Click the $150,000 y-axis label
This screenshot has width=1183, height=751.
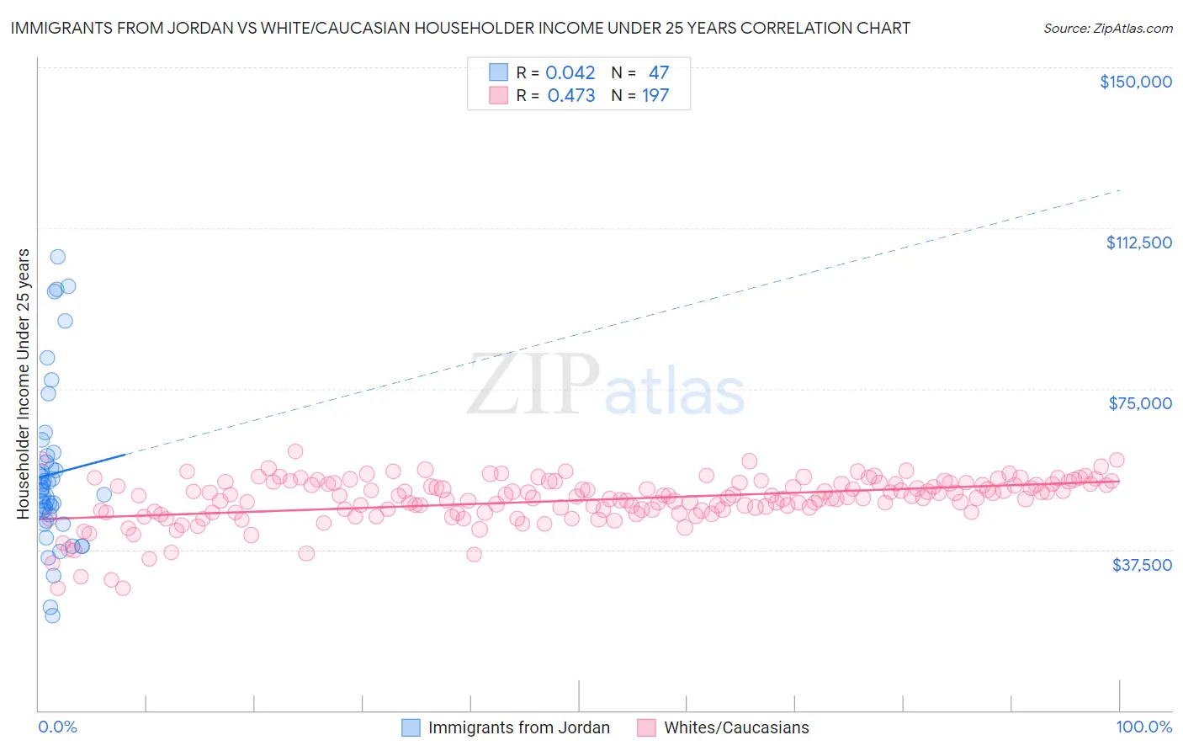click(1135, 82)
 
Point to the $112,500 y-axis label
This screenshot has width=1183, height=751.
click(1138, 242)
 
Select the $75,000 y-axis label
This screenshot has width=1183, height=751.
click(1140, 403)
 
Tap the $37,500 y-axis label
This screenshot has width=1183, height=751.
click(1142, 565)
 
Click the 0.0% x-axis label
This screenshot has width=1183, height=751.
click(57, 727)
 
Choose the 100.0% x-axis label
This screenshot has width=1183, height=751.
click(1143, 727)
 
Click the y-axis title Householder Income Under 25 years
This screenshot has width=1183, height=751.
click(24, 383)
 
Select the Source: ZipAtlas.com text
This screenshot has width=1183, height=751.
click(1107, 28)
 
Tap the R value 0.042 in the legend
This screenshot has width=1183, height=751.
click(570, 73)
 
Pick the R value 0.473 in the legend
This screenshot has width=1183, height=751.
click(570, 96)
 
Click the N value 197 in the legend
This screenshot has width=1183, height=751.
click(655, 96)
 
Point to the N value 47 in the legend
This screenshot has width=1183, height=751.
click(658, 73)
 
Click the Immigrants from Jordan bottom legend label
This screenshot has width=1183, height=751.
click(518, 727)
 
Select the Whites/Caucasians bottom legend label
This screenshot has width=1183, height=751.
click(736, 727)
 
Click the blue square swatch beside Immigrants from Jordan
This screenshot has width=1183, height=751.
click(411, 727)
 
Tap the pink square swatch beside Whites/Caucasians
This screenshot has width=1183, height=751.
click(646, 727)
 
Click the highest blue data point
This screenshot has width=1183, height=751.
click(57, 257)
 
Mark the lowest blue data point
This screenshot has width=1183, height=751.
click(52, 615)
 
